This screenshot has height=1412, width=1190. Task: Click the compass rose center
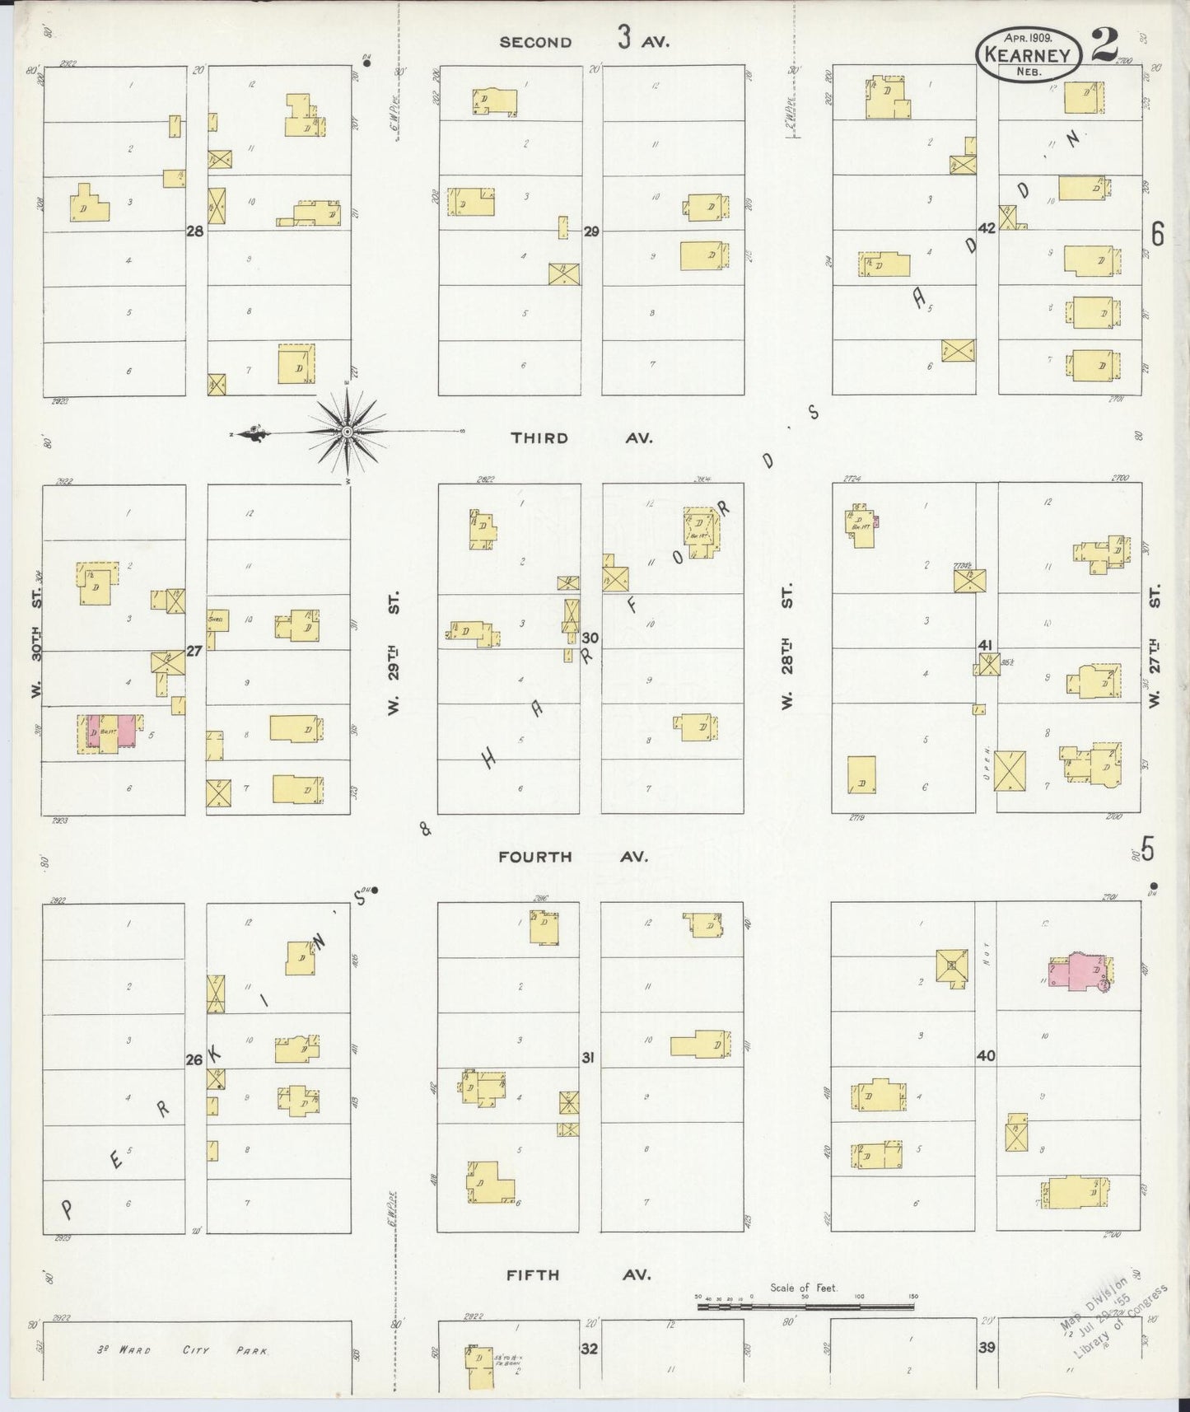[348, 432]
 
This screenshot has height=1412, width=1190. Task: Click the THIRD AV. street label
[581, 438]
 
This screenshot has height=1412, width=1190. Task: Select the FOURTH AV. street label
[573, 857]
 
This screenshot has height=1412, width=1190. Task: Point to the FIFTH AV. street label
[578, 1275]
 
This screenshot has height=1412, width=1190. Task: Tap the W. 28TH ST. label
[787, 647]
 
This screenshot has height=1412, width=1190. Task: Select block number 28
[194, 231]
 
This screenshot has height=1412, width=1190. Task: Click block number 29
[591, 231]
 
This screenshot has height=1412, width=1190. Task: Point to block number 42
[987, 227]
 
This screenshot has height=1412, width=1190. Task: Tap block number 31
[587, 1057]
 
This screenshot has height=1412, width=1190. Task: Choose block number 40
[986, 1055]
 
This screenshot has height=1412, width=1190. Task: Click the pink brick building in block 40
[1078, 974]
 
